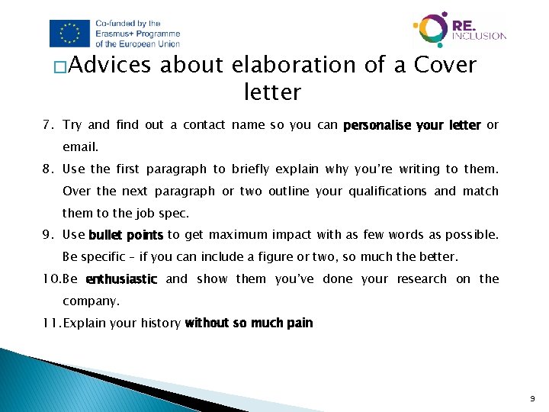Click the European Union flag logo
click(69, 33)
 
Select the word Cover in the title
click(445, 66)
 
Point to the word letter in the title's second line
click(272, 93)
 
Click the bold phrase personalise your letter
click(412, 124)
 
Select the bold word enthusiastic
click(122, 279)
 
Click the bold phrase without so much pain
click(249, 323)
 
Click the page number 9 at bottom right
click(533, 398)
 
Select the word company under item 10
click(91, 301)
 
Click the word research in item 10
click(422, 279)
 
